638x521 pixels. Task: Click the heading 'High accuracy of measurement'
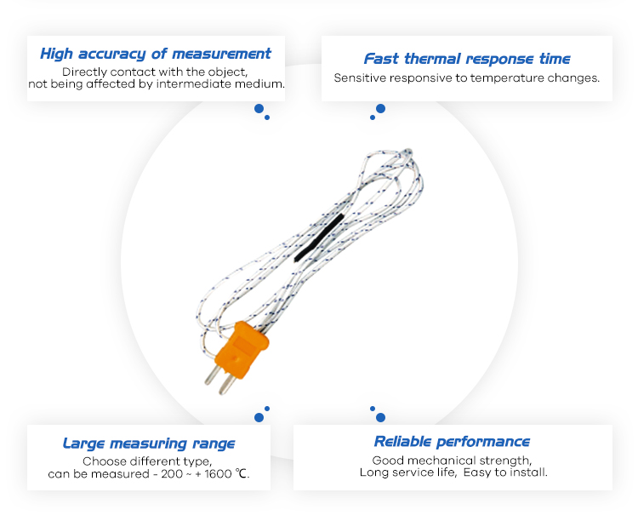point(156,54)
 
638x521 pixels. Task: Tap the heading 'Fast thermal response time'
point(467,59)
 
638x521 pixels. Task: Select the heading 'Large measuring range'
point(149,444)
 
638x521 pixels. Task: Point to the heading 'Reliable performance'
point(452,442)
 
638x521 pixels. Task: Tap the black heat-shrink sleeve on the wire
point(319,238)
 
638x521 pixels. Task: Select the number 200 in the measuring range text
point(172,473)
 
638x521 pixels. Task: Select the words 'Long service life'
point(407,472)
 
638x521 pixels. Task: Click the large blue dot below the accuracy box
point(259,109)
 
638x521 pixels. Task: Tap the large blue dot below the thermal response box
point(380,109)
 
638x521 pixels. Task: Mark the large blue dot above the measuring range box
point(259,417)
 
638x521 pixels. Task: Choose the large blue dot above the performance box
point(380,417)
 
